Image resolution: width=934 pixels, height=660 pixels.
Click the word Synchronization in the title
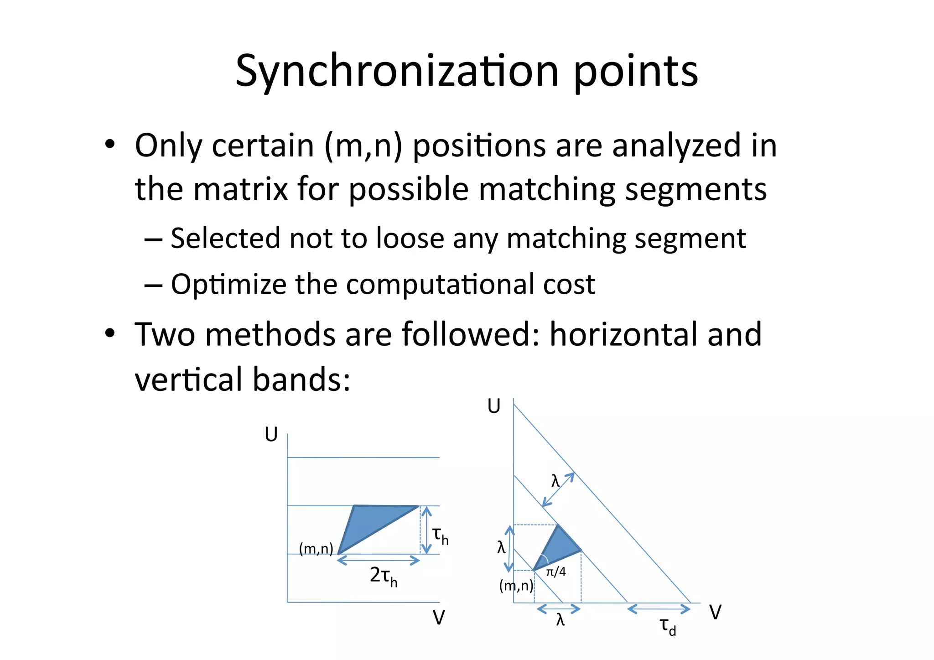pyautogui.click(x=397, y=72)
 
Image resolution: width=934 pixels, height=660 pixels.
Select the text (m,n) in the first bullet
pyautogui.click(x=363, y=146)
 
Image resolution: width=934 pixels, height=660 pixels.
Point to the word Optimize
pyautogui.click(x=229, y=285)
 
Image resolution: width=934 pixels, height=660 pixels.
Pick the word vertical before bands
pyautogui.click(x=189, y=379)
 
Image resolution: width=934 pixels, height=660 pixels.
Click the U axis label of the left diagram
pyautogui.click(x=271, y=435)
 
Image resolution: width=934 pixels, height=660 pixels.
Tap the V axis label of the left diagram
pyautogui.click(x=438, y=618)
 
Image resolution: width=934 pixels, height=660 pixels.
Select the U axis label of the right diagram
pyautogui.click(x=494, y=406)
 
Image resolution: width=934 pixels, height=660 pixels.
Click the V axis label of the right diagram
pyautogui.click(x=715, y=613)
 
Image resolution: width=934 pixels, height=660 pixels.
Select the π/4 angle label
pyautogui.click(x=556, y=572)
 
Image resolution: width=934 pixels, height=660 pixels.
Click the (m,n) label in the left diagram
pyautogui.click(x=316, y=548)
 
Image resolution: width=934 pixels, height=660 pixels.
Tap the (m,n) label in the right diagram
pyautogui.click(x=516, y=585)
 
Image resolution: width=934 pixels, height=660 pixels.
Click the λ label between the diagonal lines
pyautogui.click(x=555, y=481)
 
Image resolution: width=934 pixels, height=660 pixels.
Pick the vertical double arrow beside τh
pyautogui.click(x=426, y=530)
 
